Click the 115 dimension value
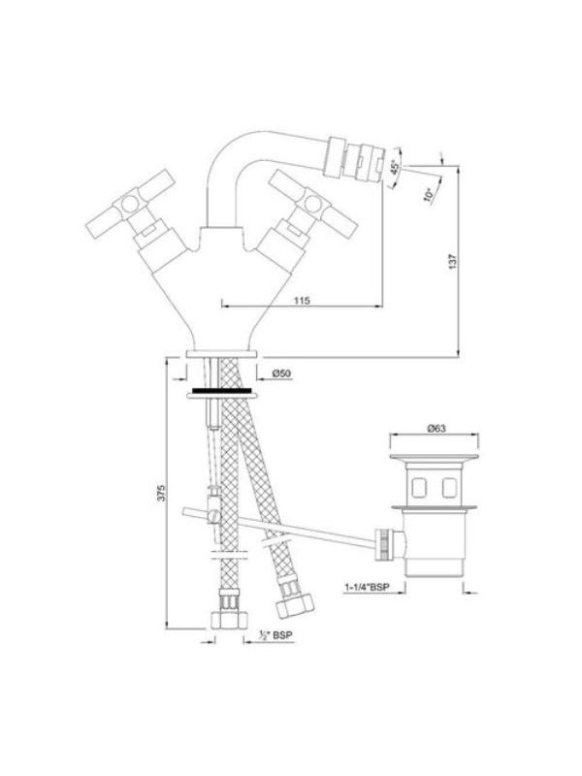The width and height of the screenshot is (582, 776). (302, 301)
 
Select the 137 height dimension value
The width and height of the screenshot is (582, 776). (453, 261)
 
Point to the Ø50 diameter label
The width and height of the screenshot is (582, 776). (281, 373)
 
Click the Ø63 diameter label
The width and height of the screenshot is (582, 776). (436, 429)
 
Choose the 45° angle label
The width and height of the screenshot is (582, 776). (395, 167)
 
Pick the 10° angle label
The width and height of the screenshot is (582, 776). (429, 195)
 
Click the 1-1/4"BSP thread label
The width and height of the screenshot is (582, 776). (367, 588)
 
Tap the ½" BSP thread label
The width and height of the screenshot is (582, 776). (275, 635)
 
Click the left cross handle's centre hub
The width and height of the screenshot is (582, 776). (130, 203)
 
